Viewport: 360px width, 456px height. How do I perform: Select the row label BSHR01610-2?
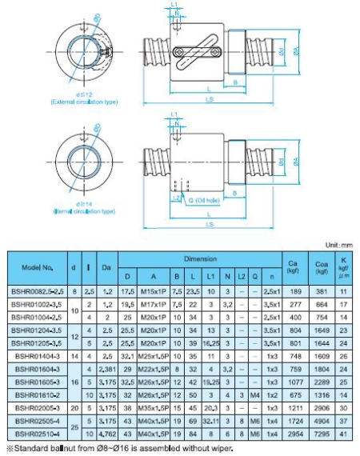[x=33, y=395]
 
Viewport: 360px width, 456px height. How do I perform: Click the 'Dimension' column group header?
[x=200, y=260]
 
